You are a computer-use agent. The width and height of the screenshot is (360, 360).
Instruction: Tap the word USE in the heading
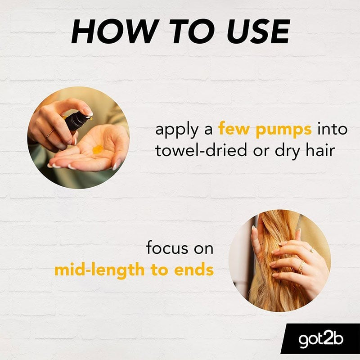(259, 31)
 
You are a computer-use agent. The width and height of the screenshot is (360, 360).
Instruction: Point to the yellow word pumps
(284, 130)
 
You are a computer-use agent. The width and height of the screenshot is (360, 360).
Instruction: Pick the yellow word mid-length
(99, 271)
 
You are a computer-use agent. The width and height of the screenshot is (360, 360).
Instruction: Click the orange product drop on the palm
(98, 149)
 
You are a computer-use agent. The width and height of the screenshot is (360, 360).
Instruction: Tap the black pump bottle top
(77, 121)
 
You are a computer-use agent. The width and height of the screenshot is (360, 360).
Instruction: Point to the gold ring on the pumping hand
(49, 134)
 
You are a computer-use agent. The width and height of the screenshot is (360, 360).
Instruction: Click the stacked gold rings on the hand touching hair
(301, 266)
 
